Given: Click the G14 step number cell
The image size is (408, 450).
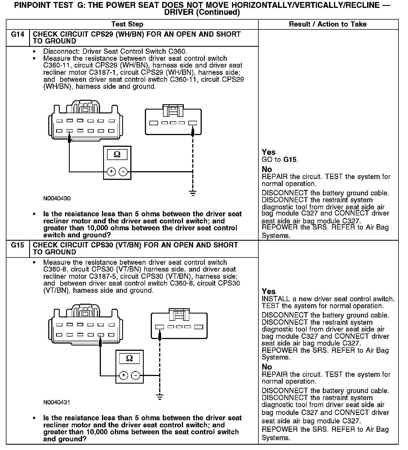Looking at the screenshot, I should pos(17,34).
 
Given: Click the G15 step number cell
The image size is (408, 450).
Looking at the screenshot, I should pos(17,245).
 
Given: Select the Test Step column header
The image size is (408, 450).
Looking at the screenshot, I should pos(127,24).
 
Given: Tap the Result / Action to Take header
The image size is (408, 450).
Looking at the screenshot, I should pos(328,24).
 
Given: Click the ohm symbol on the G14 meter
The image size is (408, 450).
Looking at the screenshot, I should pos(117,154).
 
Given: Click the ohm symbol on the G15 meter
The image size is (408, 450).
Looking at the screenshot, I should pos(129,358).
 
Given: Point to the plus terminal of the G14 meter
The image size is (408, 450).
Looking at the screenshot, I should pos(111,171).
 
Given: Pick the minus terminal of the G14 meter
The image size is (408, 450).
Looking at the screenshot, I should pos(123,171).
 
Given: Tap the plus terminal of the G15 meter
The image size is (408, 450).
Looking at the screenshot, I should pos(124,375).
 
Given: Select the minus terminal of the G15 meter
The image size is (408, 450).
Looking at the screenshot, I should pos(135,375).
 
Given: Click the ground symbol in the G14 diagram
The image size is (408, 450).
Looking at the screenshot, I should pos(193,193).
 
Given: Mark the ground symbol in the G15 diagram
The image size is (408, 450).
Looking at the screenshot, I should pos(159,397).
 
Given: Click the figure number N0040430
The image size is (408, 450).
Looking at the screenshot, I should pos(57,198).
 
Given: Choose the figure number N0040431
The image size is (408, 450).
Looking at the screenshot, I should pos(57,402).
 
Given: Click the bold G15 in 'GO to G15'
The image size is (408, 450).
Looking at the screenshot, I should pos(290,160).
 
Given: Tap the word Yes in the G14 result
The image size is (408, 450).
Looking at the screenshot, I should pos(268,152).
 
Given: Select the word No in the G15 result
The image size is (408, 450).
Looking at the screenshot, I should pos(267,367).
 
